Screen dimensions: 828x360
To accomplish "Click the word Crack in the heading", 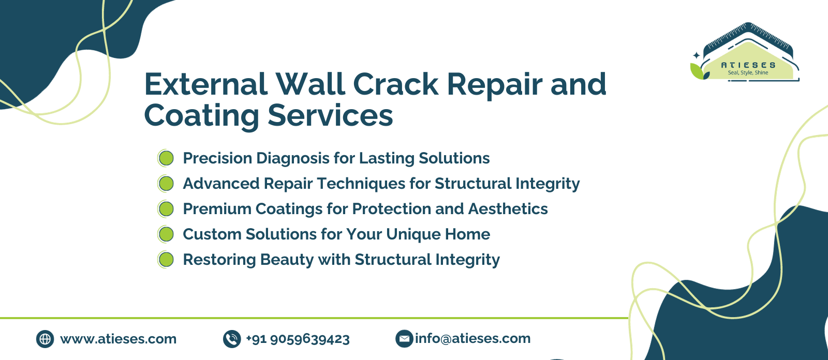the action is click(x=396, y=84).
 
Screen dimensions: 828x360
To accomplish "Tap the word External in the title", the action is click(x=206, y=84).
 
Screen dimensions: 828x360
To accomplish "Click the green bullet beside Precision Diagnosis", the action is click(x=166, y=158).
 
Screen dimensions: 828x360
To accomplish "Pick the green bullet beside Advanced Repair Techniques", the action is click(x=166, y=184).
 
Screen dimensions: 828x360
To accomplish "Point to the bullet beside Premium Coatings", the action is click(x=166, y=209).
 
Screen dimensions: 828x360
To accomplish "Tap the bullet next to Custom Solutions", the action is click(x=166, y=234).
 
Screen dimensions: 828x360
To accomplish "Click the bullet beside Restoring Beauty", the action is click(x=166, y=260).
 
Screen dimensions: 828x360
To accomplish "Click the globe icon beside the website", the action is click(x=45, y=339).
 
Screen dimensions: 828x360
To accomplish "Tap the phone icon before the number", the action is click(x=232, y=339).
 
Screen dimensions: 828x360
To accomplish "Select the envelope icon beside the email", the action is click(x=404, y=339).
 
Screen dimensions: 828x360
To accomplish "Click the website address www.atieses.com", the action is click(x=119, y=339).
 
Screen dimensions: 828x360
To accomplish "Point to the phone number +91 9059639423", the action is click(x=298, y=339).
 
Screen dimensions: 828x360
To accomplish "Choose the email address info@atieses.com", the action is click(x=473, y=339).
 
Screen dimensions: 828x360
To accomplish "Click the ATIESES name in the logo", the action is click(x=748, y=65).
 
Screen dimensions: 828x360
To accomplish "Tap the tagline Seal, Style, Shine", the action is click(x=748, y=73).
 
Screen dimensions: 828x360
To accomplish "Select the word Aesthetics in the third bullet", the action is click(x=508, y=209).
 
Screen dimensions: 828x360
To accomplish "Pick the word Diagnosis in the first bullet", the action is click(x=293, y=159).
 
